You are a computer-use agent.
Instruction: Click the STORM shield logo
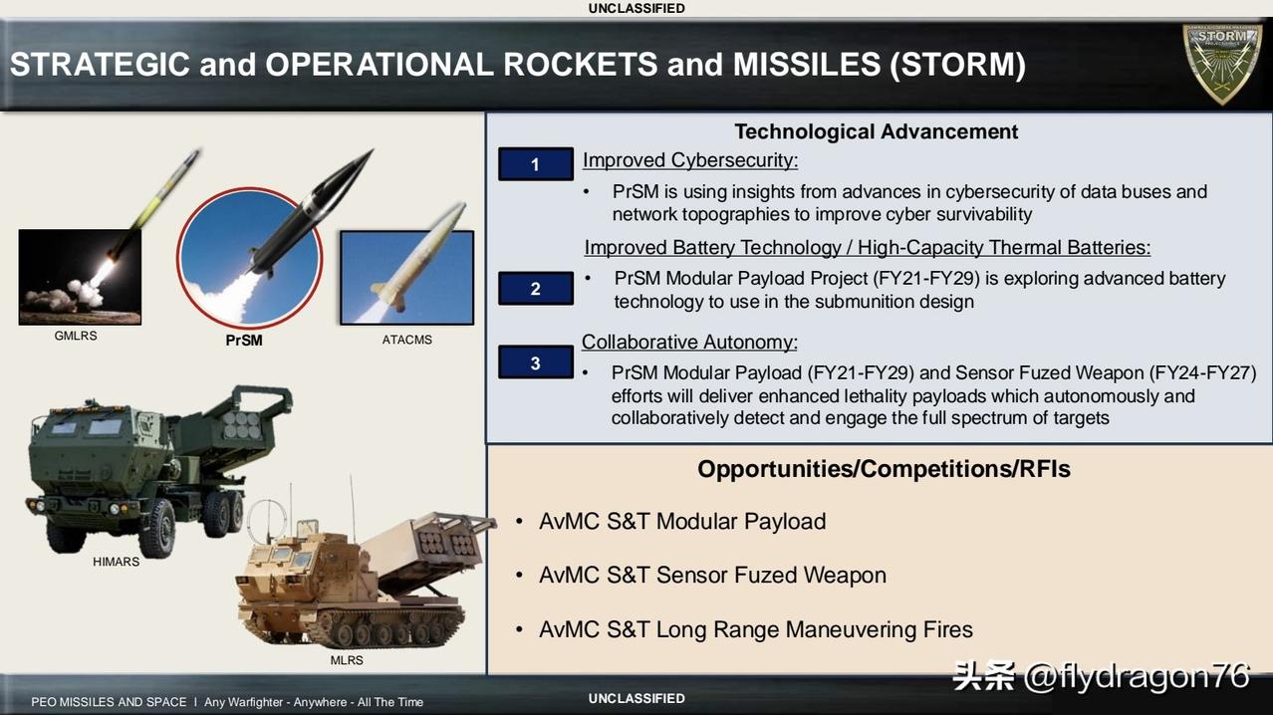pos(1222,64)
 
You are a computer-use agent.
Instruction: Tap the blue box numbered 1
pos(535,164)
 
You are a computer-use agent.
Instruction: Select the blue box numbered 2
pos(535,289)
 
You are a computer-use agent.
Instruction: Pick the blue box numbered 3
pos(535,362)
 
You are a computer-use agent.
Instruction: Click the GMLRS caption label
pos(76,336)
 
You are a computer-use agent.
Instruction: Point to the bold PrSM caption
pos(244,341)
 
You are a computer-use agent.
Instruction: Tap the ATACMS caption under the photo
pos(407,340)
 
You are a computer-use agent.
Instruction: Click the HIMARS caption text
pos(116,562)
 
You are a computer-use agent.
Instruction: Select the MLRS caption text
pos(347,660)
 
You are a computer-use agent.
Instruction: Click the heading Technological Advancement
pos(877,131)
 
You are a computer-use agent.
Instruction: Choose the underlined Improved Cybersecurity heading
pos(690,160)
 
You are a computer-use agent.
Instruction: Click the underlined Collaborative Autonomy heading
pos(689,343)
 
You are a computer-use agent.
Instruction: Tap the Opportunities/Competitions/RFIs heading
pos(884,469)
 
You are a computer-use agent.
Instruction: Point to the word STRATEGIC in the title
pos(100,64)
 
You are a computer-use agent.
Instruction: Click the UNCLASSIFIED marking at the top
pos(636,9)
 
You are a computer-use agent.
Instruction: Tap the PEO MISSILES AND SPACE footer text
pos(109,702)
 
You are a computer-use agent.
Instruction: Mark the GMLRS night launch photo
pos(80,278)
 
